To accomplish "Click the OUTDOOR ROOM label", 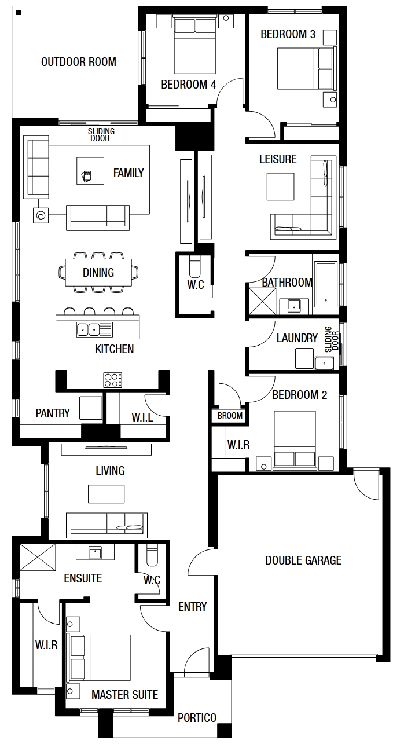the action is click(79, 62).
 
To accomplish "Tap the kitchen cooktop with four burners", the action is click(113, 380).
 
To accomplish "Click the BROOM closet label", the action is click(230, 416).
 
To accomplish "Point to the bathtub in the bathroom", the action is click(326, 283).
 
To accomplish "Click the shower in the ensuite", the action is click(37, 557).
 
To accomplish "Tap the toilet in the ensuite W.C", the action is click(152, 555).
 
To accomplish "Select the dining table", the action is click(98, 272).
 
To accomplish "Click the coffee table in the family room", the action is click(90, 171).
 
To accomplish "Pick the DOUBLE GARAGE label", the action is click(303, 560).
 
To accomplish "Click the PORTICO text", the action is click(197, 718).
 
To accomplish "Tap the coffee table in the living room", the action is click(106, 494).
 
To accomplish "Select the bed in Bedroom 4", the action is click(194, 46).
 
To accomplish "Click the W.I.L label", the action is click(142, 417).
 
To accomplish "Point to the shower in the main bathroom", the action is click(262, 301).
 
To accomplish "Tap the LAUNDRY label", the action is click(297, 338).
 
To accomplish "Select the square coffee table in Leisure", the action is click(281, 186).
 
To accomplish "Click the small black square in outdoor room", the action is click(19, 13).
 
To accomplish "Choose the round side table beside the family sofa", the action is click(41, 215).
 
